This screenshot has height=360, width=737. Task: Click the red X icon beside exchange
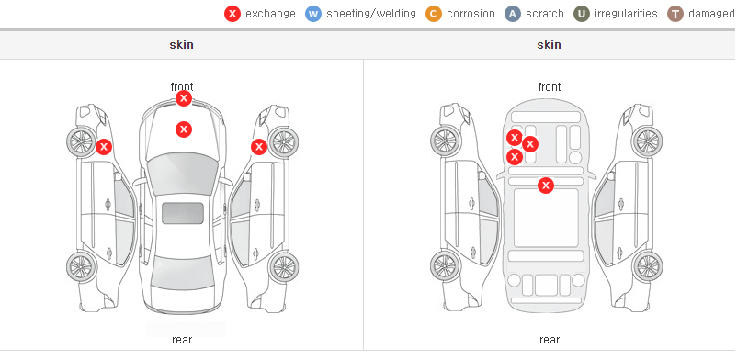click(232, 14)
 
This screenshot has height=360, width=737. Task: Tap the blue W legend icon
click(313, 14)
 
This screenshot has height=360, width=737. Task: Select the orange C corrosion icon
click(434, 14)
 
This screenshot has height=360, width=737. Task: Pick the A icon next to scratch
click(513, 14)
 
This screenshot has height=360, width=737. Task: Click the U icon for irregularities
click(582, 14)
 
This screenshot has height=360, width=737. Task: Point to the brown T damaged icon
click(675, 14)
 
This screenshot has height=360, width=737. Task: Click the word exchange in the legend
click(270, 14)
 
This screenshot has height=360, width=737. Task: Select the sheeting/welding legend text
click(371, 14)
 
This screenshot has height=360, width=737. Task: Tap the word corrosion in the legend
click(471, 14)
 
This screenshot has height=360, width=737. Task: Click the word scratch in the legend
click(545, 14)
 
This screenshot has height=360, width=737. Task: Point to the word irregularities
click(626, 14)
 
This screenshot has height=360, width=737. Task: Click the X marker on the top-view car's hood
click(184, 129)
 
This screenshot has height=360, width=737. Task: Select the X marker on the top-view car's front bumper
click(184, 98)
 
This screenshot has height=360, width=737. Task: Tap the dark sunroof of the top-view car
click(183, 213)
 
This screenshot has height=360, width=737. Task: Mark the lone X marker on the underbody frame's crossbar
click(546, 186)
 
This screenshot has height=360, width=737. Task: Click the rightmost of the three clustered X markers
click(530, 144)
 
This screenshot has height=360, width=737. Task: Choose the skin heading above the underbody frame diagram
click(549, 45)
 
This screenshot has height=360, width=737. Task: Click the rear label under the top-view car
click(182, 340)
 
